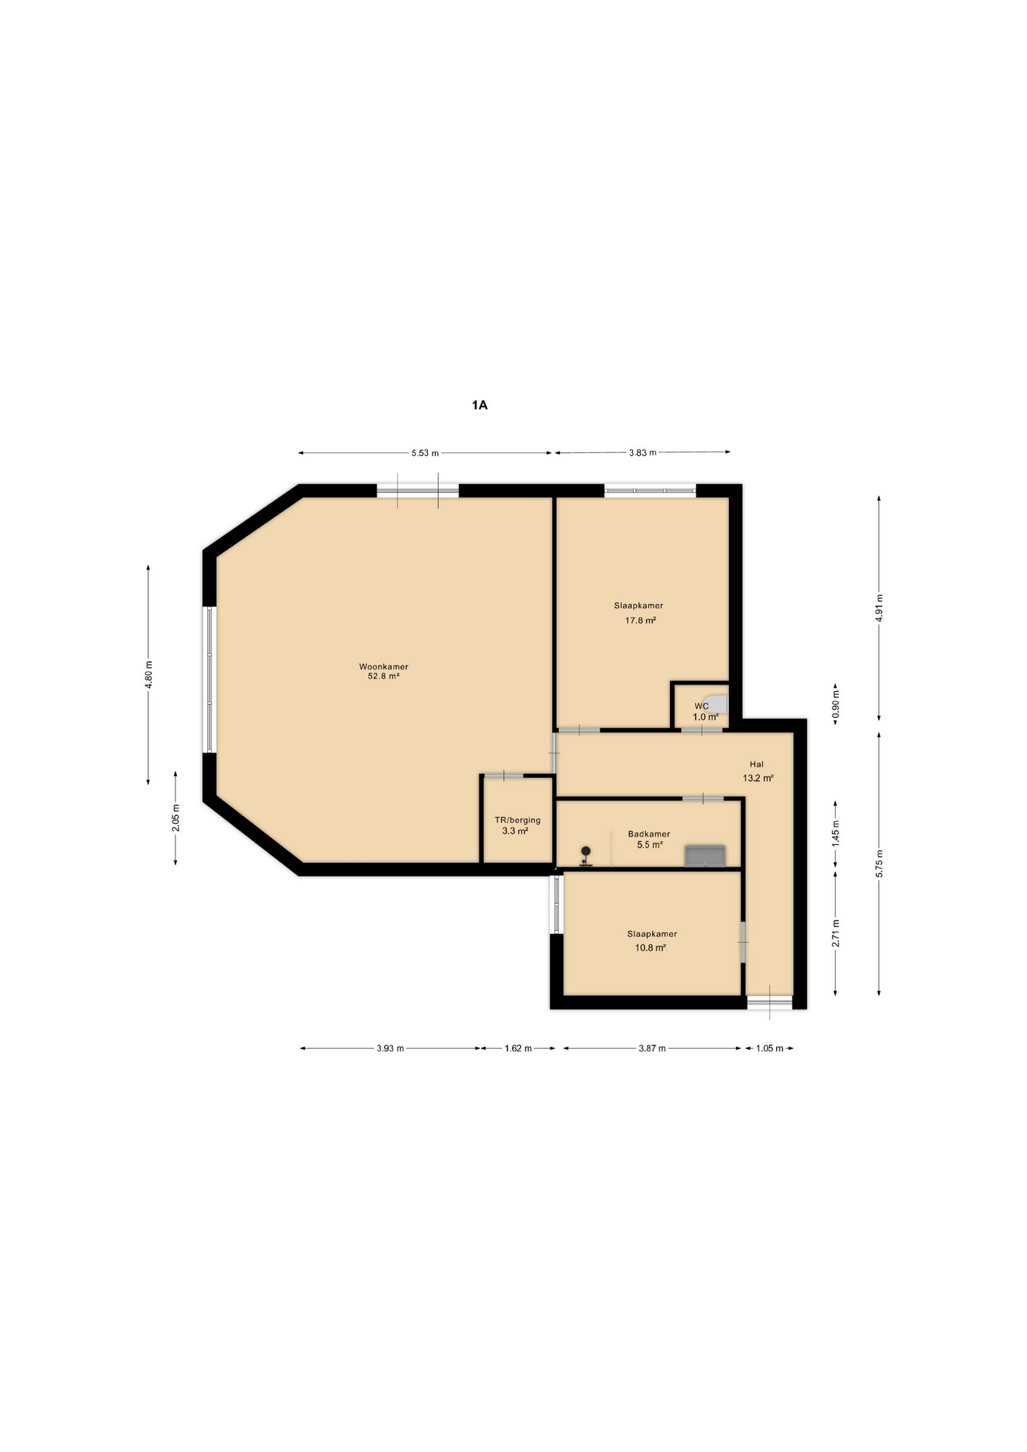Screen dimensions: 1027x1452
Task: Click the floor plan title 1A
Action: coord(479,405)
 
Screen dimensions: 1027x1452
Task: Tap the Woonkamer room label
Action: coord(383,666)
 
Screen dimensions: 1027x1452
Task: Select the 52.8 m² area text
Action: coord(383,676)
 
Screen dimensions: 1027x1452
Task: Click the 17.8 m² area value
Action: coord(640,620)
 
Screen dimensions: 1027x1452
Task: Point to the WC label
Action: coord(701,706)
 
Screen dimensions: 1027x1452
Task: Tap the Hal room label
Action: coord(756,764)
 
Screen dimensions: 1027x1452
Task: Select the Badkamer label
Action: coord(649,834)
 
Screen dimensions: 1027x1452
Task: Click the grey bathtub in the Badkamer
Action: coord(704,855)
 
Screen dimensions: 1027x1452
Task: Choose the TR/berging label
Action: coord(517,820)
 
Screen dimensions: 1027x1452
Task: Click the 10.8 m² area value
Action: coord(650,948)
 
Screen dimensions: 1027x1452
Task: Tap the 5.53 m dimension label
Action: coord(425,453)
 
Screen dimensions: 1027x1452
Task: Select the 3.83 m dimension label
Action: coord(643,452)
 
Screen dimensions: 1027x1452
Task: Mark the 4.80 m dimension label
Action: coord(149,674)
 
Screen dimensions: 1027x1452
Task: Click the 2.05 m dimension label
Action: coord(175,818)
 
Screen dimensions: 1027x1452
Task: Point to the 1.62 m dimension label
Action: coord(518,1048)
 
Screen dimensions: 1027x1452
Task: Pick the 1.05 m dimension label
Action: coord(769,1048)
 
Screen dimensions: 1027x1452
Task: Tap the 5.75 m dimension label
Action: coord(879,864)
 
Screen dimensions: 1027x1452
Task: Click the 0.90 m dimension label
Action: coord(836,704)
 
